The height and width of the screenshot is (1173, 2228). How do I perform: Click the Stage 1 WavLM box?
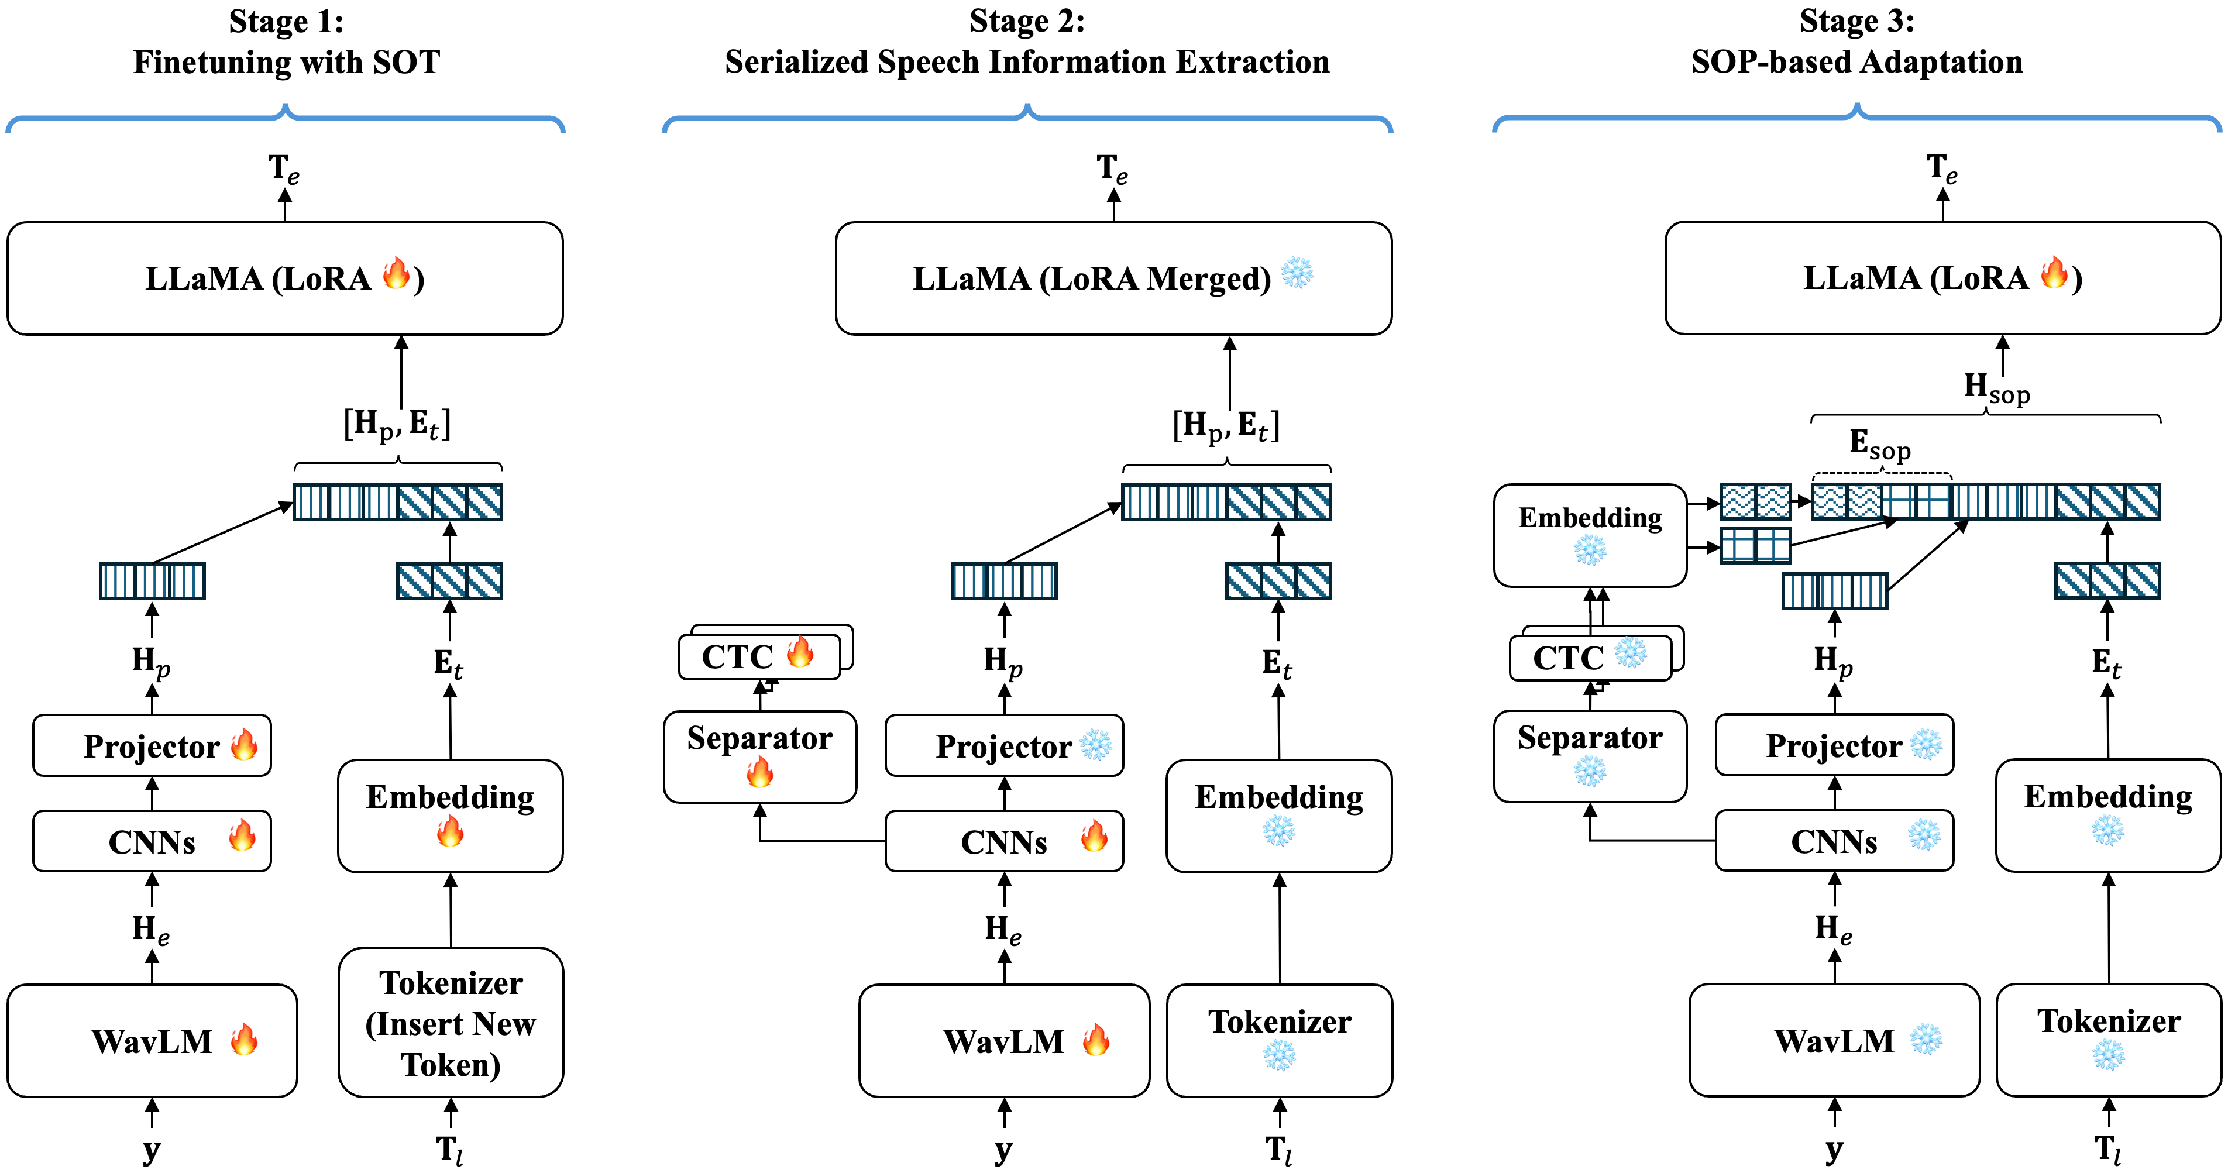[152, 1041]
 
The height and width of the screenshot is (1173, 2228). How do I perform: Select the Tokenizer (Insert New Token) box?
[451, 1023]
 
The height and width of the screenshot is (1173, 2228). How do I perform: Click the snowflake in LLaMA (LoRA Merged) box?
[1297, 273]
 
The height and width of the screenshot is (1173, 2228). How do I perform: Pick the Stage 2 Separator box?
[759, 756]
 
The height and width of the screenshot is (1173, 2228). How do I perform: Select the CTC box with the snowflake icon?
[1590, 658]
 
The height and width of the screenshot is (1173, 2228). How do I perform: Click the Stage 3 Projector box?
[1834, 745]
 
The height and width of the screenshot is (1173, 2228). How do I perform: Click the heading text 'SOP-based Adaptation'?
[1857, 62]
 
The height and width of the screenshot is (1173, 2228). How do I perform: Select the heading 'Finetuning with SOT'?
[286, 62]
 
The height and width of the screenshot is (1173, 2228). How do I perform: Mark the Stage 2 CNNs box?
[1004, 841]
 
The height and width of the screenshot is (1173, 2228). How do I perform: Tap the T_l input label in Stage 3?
[2108, 1150]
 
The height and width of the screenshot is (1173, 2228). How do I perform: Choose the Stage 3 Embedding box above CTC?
[1590, 534]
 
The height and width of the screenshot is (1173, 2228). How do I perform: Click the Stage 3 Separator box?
[1590, 756]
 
